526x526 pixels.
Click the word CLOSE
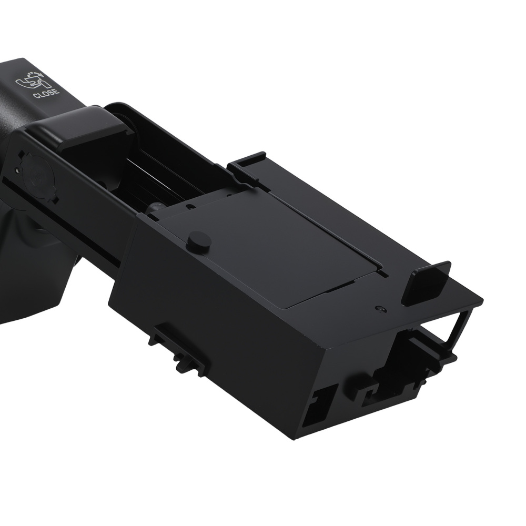pos(46,95)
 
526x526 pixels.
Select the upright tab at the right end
pos(426,282)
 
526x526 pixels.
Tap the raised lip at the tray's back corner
pos(247,160)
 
